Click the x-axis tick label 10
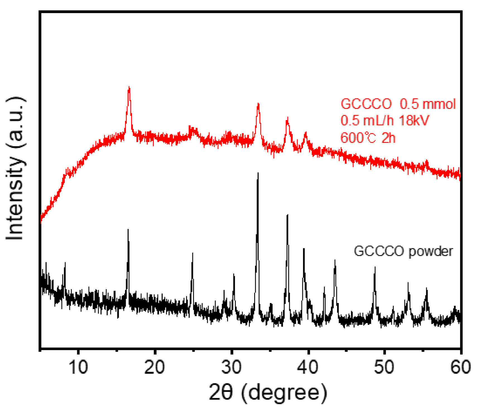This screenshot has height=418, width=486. [79, 367]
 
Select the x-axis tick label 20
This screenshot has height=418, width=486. [155, 367]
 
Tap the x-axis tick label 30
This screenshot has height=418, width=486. [232, 367]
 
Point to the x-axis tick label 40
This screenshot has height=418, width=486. [308, 367]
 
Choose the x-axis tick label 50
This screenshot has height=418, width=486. [384, 367]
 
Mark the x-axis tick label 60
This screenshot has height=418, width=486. [461, 367]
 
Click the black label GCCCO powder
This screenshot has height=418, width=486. [403, 251]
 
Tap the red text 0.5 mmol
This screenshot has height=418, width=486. [428, 104]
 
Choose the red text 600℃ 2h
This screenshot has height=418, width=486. [368, 138]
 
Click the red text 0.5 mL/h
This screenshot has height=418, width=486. [367, 121]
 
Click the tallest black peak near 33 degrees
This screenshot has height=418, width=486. [258, 173]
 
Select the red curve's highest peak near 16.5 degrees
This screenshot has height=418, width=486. [129, 87]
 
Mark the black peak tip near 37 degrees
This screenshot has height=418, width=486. [287, 215]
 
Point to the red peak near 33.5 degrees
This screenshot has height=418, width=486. [258, 104]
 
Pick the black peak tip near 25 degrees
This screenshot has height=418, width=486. [193, 253]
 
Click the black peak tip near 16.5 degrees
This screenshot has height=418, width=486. [128, 229]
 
